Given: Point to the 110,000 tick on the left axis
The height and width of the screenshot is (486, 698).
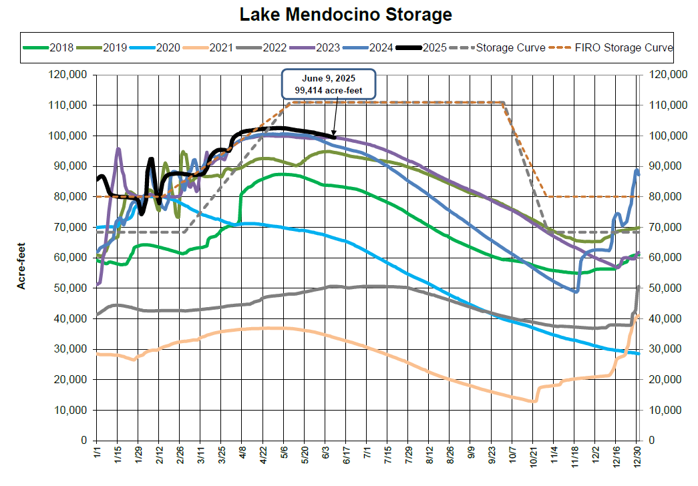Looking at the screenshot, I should click(69, 105).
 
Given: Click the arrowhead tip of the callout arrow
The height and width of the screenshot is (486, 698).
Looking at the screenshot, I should click(334, 136).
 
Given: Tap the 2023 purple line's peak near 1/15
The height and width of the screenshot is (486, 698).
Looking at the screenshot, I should click(118, 149).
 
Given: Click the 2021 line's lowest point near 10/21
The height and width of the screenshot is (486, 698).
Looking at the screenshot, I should click(534, 401).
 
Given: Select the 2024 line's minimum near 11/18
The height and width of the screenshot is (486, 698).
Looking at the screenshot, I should click(575, 291).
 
